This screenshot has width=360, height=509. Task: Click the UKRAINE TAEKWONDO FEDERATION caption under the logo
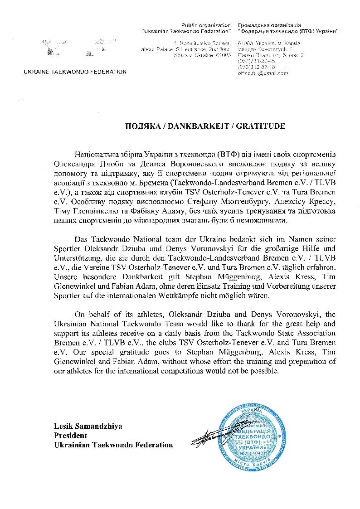[x=75, y=72]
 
